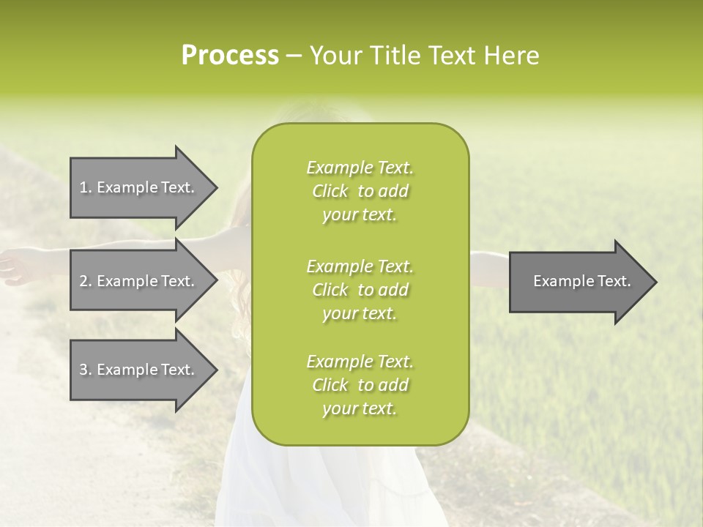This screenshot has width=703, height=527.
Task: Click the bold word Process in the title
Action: (230, 56)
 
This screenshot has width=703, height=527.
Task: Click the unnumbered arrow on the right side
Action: (579, 282)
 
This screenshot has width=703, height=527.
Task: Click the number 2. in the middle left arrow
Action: (86, 281)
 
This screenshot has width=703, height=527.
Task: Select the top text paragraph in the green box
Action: (360, 191)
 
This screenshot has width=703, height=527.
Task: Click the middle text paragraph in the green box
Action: (360, 290)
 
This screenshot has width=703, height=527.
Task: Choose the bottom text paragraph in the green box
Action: (360, 385)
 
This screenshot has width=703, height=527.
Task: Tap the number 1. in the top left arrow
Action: (86, 187)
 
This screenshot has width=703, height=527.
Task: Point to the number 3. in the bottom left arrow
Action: (86, 370)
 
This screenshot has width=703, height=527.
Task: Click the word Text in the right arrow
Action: (614, 281)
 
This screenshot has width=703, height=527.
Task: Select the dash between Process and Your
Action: (294, 56)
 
